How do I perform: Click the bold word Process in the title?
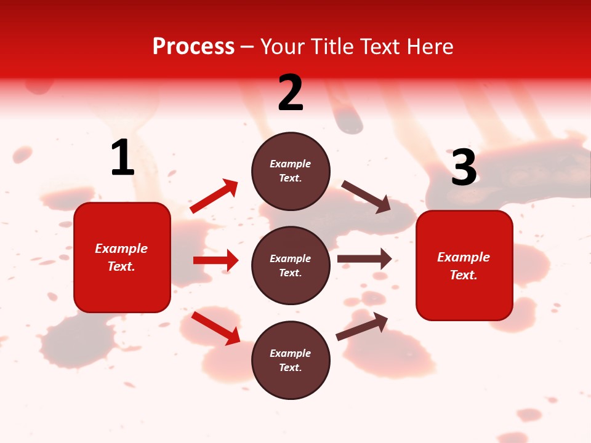[x=193, y=47]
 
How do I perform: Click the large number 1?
[x=123, y=158]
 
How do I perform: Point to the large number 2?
[x=291, y=93]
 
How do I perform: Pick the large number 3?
[x=464, y=167]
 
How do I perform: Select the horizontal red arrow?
[x=215, y=260]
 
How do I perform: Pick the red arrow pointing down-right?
[x=216, y=328]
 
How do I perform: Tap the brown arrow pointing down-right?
[x=366, y=197]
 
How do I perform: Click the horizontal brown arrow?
[x=364, y=258]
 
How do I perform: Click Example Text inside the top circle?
[x=291, y=171]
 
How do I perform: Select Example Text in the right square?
[x=464, y=266]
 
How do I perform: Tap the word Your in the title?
[x=283, y=47]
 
